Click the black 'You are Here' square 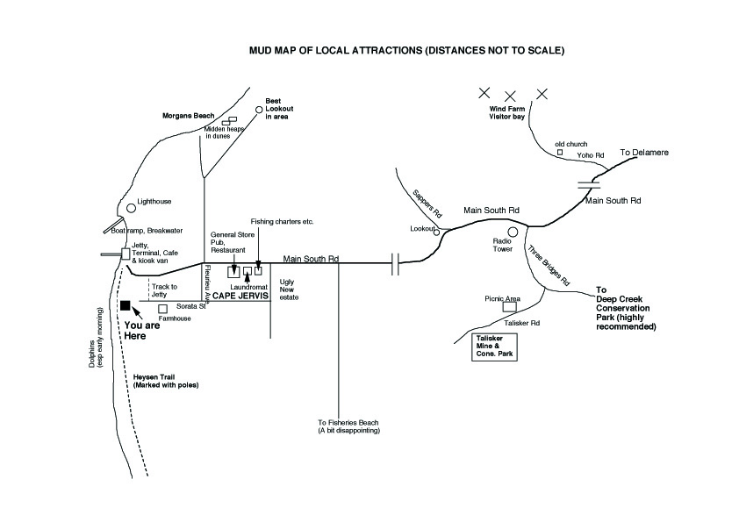coord(125,306)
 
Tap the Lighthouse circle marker coord(131,208)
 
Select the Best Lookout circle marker coord(259,110)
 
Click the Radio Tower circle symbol coord(513,232)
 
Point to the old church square coord(560,152)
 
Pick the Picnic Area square coord(509,307)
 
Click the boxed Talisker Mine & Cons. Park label coord(494,347)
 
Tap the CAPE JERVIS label coord(240,296)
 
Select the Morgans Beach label coord(189,116)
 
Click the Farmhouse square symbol coord(162,309)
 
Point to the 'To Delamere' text coord(644,152)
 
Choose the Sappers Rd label coord(427,204)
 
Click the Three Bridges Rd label coord(549,265)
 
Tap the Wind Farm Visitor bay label coord(506,112)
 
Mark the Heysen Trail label coord(166,381)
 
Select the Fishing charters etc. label coord(282,221)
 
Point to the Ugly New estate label coord(289,290)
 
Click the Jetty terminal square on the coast coord(126,254)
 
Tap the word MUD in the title coord(259,50)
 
